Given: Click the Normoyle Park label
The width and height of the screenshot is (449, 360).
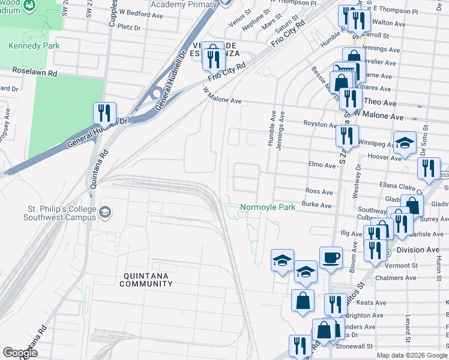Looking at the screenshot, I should pos(268,208).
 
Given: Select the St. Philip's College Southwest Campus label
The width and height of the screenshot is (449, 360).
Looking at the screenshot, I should pos(59,213).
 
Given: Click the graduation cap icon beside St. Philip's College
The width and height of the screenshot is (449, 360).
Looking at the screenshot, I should pos(105,212).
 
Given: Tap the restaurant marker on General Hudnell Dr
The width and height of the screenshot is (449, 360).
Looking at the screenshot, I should pos(104,113).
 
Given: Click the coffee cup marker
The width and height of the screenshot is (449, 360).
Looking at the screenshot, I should pos(331,259).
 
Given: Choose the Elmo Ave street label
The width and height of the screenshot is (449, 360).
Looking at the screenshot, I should pos(321,165).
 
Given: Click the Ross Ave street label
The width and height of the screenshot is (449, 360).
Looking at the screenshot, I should pos(319,192).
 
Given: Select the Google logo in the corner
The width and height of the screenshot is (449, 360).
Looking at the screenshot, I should pos(20,353).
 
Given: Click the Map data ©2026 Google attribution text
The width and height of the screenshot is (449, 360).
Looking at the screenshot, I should pos(411,355).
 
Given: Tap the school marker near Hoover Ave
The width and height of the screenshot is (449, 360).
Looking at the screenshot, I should pos(405,144).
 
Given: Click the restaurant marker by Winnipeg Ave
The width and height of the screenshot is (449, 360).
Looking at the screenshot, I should pos(347,137).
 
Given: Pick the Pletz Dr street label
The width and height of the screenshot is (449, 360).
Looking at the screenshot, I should pos(129,27).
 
